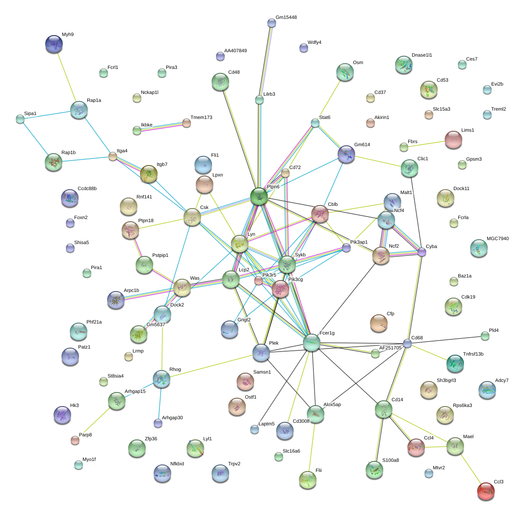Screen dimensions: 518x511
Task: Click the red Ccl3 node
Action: [x=486, y=491]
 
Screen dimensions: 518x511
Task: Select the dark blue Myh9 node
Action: [x=54, y=44]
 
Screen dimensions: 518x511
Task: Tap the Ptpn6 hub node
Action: [x=259, y=196]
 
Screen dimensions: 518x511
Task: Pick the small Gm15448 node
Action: [x=271, y=23]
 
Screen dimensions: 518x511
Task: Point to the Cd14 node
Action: [x=384, y=409]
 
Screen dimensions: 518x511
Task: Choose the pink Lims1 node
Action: [x=453, y=140]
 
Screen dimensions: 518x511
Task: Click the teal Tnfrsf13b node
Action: [x=455, y=363]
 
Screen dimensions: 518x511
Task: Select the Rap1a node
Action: [x=79, y=110]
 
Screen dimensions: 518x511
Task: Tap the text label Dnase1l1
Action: [x=422, y=55]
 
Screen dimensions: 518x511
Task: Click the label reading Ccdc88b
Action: [x=87, y=189]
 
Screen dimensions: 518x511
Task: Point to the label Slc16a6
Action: [x=291, y=451]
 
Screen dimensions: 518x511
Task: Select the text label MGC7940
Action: [x=498, y=239]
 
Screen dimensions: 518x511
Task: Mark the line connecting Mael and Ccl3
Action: [x=470, y=468]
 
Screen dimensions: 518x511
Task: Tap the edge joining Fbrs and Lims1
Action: [x=428, y=144]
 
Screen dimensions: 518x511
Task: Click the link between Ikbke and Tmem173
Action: [x=162, y=126]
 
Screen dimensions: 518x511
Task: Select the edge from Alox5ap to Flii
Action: [x=312, y=446]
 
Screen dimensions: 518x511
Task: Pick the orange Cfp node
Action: [x=378, y=323]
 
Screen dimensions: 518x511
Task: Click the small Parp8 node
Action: [x=75, y=440]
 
